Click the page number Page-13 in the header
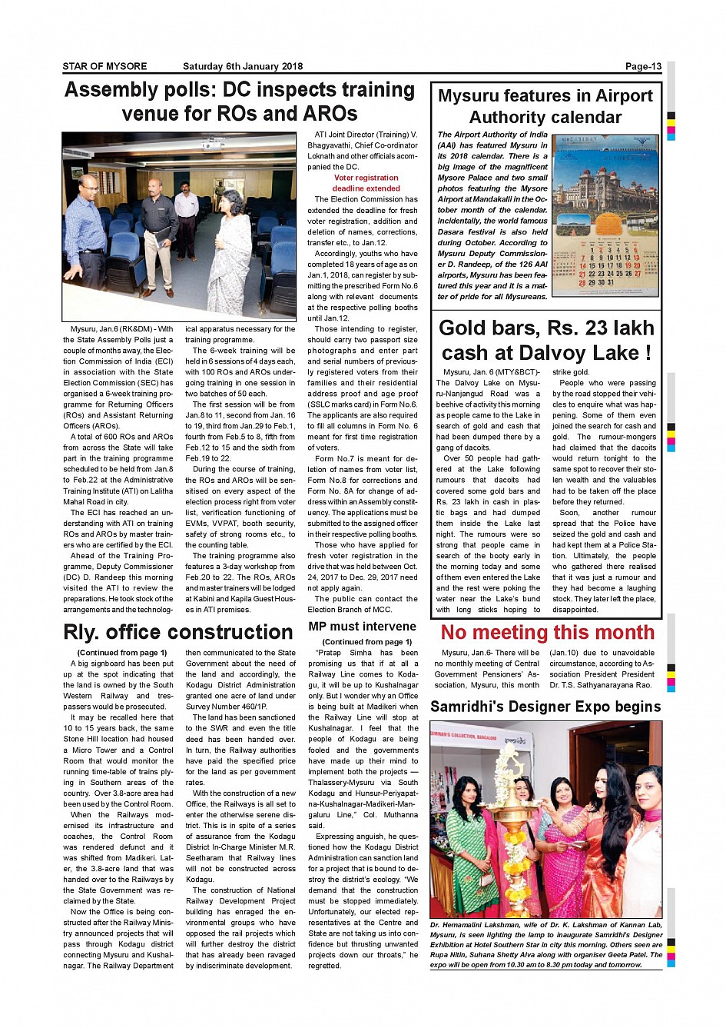(x=643, y=66)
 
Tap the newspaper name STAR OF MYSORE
(x=104, y=66)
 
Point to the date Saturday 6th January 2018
(x=243, y=66)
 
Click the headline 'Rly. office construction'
(x=178, y=632)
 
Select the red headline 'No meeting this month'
(x=547, y=632)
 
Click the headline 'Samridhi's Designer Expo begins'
(x=545, y=707)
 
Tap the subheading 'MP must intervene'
(x=362, y=627)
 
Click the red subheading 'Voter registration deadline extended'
(x=366, y=183)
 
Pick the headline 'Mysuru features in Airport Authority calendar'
(x=545, y=106)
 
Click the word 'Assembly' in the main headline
(x=112, y=90)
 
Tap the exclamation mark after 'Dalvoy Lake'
(x=648, y=353)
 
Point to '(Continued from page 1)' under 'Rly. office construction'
(x=122, y=653)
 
